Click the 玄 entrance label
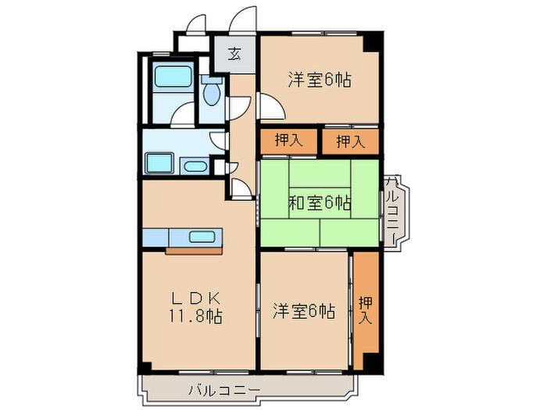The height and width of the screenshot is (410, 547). (x=234, y=54)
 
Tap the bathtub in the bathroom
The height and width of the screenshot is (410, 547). (x=170, y=78)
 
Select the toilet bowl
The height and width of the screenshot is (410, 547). (x=212, y=92)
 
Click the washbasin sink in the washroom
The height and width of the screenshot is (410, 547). (x=193, y=166)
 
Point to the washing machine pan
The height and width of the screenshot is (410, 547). (x=160, y=164)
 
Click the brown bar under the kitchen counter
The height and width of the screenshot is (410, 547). (x=195, y=251)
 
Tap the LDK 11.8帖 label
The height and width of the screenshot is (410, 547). (x=195, y=307)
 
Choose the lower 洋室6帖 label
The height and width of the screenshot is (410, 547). (x=304, y=312)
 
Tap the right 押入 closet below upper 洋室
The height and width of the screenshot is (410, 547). (x=350, y=141)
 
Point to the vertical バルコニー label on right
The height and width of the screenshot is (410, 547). (x=392, y=205)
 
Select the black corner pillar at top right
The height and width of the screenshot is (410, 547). (x=377, y=41)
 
